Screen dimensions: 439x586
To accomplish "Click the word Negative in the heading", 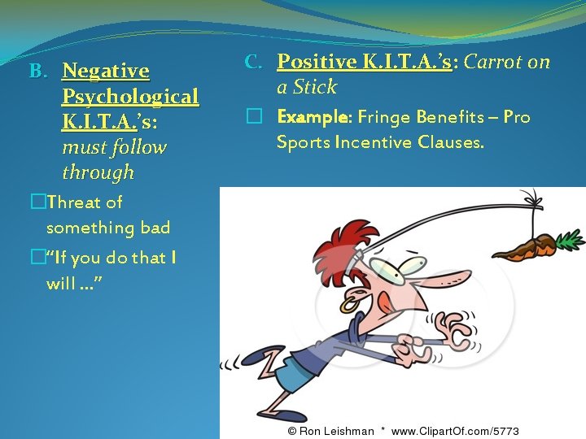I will pyautogui.click(x=106, y=72).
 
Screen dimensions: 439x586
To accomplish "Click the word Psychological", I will pyautogui.click(x=130, y=97).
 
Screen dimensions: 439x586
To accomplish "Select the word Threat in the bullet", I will pyautogui.click(x=74, y=202).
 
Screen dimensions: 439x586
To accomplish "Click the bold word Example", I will pyautogui.click(x=313, y=118).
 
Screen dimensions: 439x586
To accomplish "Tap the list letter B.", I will pyautogui.click(x=37, y=72).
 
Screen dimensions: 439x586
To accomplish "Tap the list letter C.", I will pyautogui.click(x=252, y=62).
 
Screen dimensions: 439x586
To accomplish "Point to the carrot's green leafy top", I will pyautogui.click(x=569, y=239).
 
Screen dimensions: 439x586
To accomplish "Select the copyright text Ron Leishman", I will pyautogui.click(x=336, y=431).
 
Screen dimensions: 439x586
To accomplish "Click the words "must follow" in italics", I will pyautogui.click(x=114, y=148).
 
